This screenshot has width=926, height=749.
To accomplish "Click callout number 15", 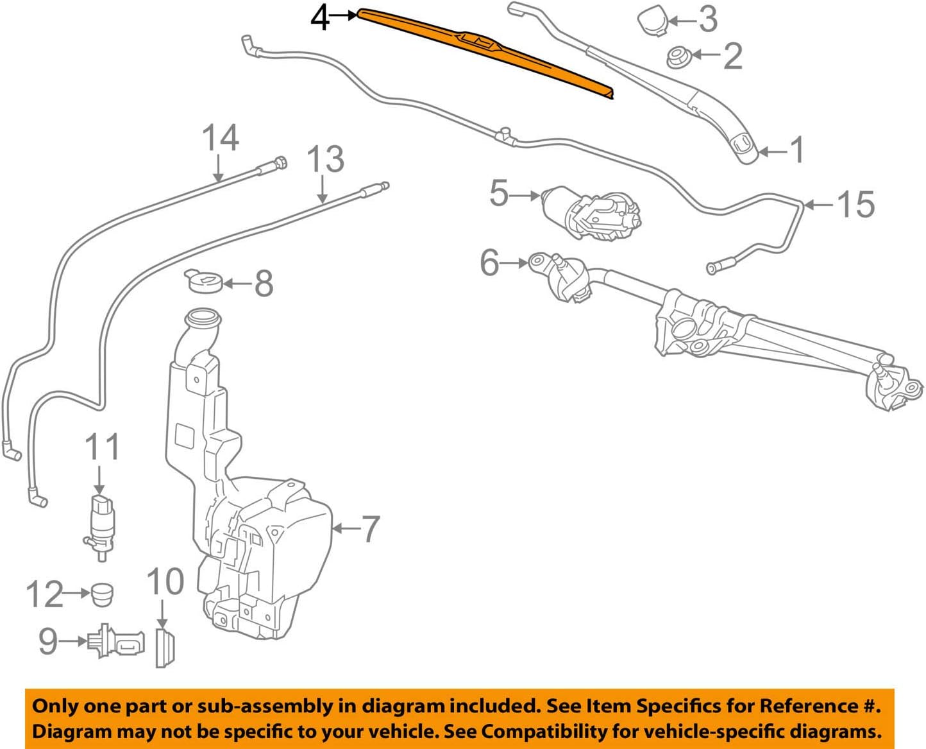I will point(855,205).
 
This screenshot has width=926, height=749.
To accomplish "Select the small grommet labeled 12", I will point(101,594).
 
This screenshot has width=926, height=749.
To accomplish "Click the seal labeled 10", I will point(165,648).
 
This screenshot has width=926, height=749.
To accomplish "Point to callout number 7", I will point(371,529).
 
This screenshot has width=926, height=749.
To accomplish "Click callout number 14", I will point(221,139).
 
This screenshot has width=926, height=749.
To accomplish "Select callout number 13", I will point(325,159).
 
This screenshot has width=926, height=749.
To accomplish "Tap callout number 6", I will point(490,263).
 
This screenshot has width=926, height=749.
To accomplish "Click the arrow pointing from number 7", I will point(346,529).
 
